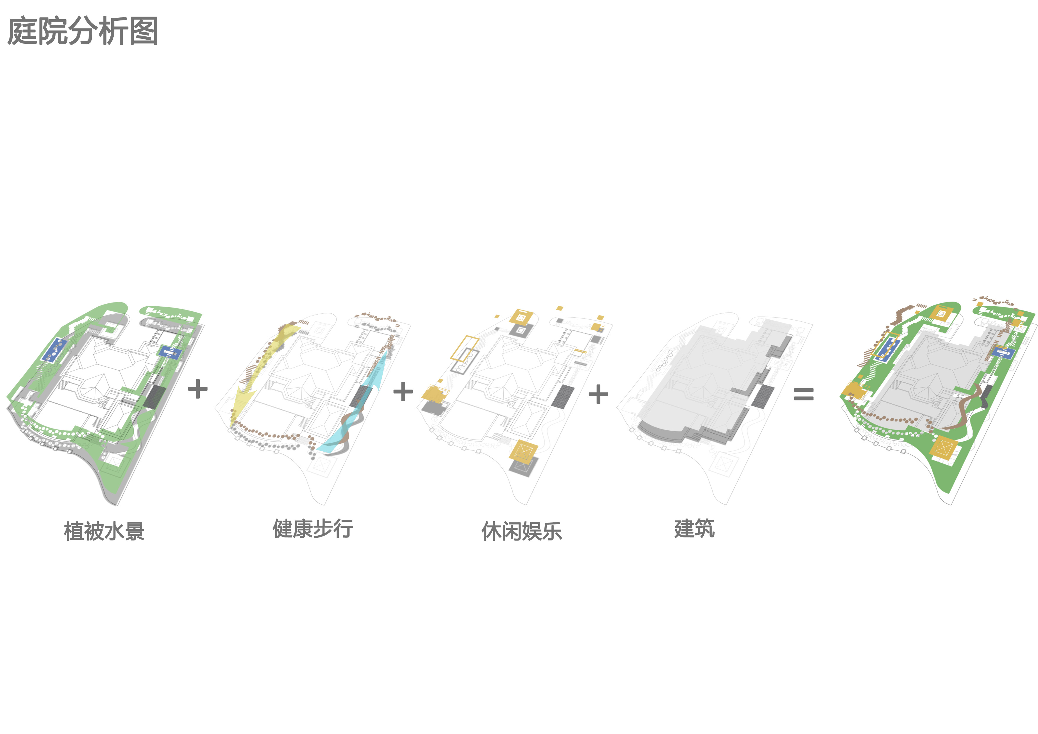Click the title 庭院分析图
(83, 31)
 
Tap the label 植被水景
(104, 531)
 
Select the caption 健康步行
(313, 528)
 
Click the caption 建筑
(694, 528)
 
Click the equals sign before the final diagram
(804, 394)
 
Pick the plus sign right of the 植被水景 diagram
(198, 389)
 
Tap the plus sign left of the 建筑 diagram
(598, 394)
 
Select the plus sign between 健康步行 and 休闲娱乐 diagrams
(403, 392)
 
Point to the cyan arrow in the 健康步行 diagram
(371, 398)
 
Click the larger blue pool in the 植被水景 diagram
(54, 350)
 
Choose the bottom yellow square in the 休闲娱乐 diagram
(523, 451)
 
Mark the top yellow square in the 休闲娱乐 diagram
(521, 317)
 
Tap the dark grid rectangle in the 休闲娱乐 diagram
(562, 396)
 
